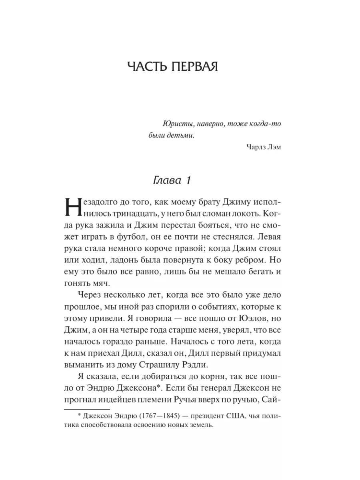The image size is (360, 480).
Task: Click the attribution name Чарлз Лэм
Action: point(264,146)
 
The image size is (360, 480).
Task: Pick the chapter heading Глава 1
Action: point(172,181)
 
